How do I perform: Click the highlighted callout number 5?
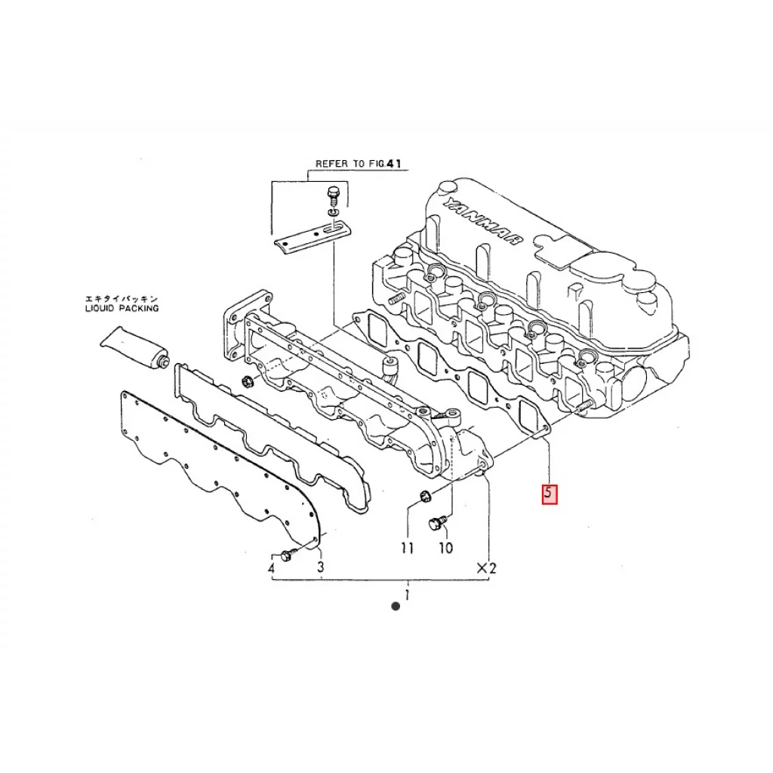550,494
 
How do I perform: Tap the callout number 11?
408,548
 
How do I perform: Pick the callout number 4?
272,568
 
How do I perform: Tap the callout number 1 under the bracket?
407,595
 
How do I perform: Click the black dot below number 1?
395,606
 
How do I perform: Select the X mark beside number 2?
481,568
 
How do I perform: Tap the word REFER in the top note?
329,163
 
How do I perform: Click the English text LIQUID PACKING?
122,308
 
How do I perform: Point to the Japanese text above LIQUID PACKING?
122,298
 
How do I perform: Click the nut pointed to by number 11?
424,496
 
